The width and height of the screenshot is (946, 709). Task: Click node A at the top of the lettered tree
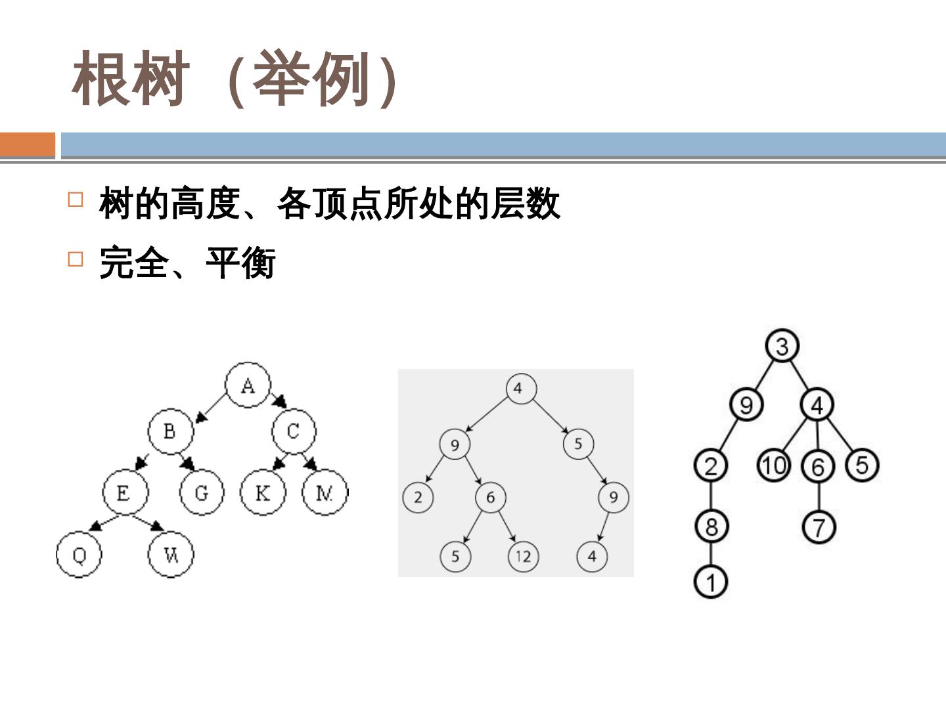[x=248, y=384]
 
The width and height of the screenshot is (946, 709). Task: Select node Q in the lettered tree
[x=79, y=555]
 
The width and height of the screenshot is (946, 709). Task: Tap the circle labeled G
[x=202, y=492]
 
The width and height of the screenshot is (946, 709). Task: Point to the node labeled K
[x=263, y=492]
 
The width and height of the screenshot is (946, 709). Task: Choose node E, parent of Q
[x=124, y=492]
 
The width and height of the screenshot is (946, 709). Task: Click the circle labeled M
[x=325, y=492]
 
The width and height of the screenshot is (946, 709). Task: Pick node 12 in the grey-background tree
[x=523, y=557]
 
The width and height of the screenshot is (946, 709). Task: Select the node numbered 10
[x=774, y=465]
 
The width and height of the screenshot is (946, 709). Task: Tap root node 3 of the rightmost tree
[x=782, y=345]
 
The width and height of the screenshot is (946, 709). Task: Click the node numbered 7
[x=819, y=526]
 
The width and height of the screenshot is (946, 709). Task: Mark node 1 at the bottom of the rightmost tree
[x=711, y=582]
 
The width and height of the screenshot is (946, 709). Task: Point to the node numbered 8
[x=711, y=526]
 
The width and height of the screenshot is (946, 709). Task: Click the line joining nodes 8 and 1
[x=711, y=554]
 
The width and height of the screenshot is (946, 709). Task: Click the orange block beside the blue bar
[x=28, y=144]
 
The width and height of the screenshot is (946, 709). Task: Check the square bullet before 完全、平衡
[x=76, y=259]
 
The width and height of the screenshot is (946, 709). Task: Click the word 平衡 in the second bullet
[x=240, y=263]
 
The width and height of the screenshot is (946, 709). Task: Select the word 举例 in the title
[x=311, y=80]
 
